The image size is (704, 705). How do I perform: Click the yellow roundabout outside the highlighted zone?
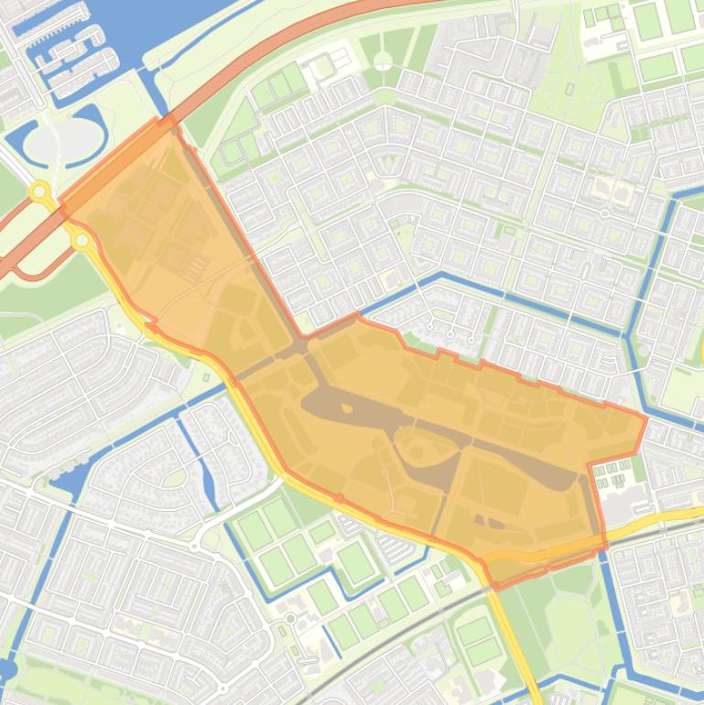point(39,192)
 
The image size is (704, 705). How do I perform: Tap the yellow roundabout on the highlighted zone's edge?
point(81,241)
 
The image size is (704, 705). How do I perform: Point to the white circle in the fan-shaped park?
point(383,61)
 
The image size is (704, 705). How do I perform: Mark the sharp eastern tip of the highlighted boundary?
point(645,418)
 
